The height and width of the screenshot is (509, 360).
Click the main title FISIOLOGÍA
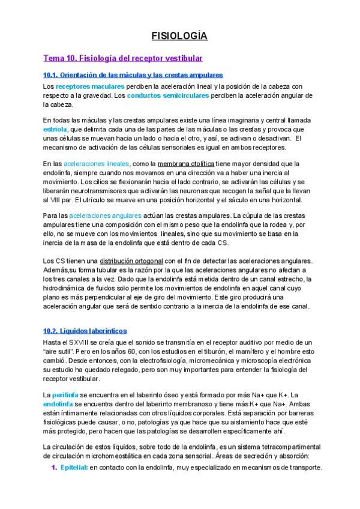point(179,36)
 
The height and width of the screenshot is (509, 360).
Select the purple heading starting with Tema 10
point(123,58)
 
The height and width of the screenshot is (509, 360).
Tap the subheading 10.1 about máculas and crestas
point(133,75)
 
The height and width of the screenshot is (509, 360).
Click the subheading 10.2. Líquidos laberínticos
point(85,331)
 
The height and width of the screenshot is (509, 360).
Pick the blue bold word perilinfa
point(65,395)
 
